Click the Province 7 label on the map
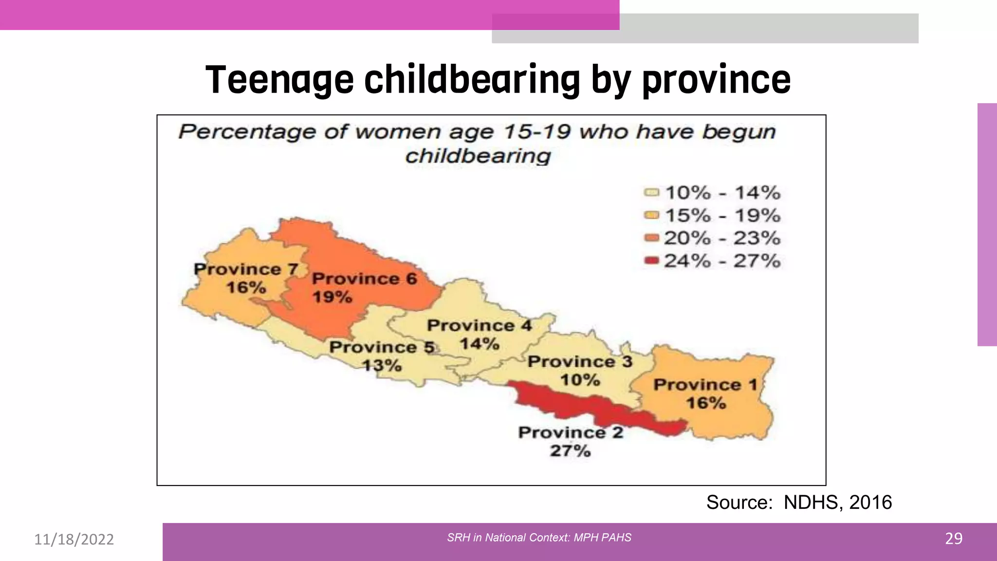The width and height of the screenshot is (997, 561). point(245,269)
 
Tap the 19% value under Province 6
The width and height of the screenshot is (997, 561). point(332,297)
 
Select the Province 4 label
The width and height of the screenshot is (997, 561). point(479,325)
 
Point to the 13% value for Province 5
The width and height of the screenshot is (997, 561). point(382,365)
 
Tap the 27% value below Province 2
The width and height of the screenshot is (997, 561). point(570,451)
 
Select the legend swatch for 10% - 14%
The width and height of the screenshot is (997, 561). point(651,192)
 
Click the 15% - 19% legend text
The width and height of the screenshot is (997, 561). point(722,215)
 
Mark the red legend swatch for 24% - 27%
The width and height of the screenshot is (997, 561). point(651,261)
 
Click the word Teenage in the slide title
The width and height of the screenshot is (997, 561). point(279,80)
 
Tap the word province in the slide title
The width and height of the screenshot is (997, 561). point(716,80)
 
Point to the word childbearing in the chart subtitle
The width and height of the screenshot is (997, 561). point(478,156)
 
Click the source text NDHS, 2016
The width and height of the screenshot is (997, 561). point(837,503)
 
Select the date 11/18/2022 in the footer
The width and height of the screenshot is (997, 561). point(74,540)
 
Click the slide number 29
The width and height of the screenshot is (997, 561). point(954,539)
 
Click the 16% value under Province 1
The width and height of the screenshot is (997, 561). point(705,403)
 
